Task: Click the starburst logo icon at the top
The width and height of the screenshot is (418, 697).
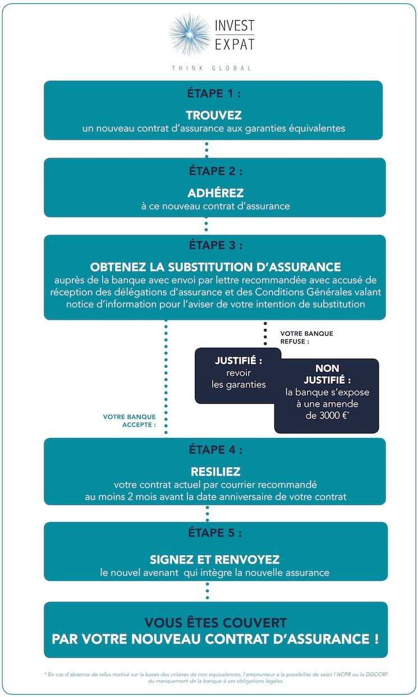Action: (190, 34)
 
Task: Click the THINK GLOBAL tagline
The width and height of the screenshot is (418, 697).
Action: (212, 68)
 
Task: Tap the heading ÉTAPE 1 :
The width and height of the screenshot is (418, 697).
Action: (213, 94)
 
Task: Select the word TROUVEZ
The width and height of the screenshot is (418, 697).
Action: (214, 116)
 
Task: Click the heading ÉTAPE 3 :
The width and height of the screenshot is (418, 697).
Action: (215, 245)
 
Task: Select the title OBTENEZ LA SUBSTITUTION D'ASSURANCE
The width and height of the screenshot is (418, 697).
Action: (215, 267)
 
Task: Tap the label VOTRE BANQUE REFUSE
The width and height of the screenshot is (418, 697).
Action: (306, 337)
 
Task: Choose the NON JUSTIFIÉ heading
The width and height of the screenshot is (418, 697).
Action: (327, 375)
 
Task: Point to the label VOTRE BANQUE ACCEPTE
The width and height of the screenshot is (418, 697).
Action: (129, 421)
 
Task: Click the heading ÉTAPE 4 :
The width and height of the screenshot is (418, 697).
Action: (215, 450)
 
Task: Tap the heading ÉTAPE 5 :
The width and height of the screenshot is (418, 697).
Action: (215, 533)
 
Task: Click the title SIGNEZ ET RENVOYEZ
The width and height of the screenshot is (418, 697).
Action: (215, 560)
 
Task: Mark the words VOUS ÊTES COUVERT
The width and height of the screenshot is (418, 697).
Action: (215, 623)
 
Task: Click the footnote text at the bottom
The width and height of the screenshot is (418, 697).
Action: (215, 677)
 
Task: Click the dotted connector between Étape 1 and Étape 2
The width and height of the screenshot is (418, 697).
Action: (206, 149)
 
